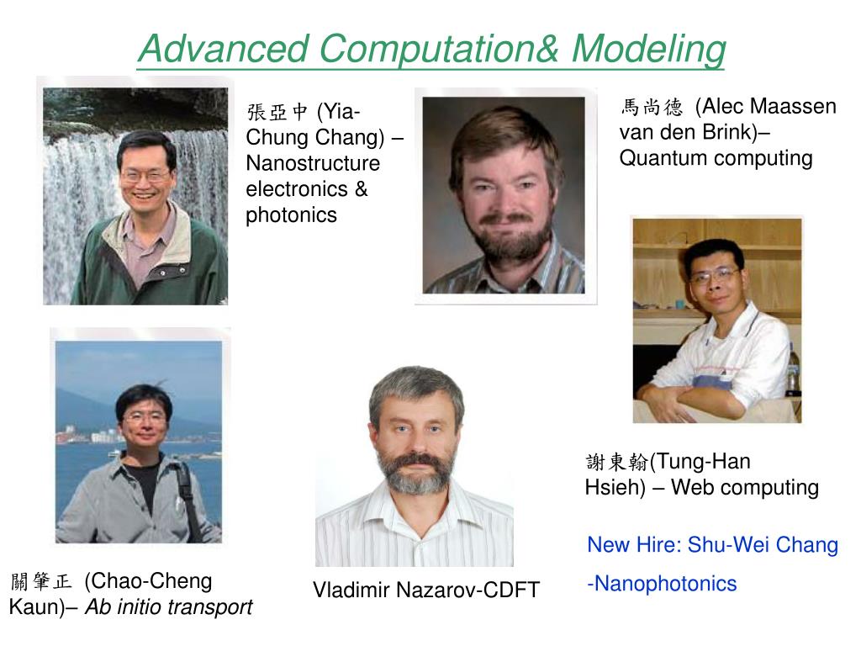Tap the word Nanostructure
313,162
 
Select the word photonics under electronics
291,214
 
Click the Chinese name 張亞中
277,112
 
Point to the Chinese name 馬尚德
652,107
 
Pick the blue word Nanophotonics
664,584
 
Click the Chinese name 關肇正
42,581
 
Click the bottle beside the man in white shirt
793,374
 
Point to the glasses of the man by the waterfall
145,177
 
